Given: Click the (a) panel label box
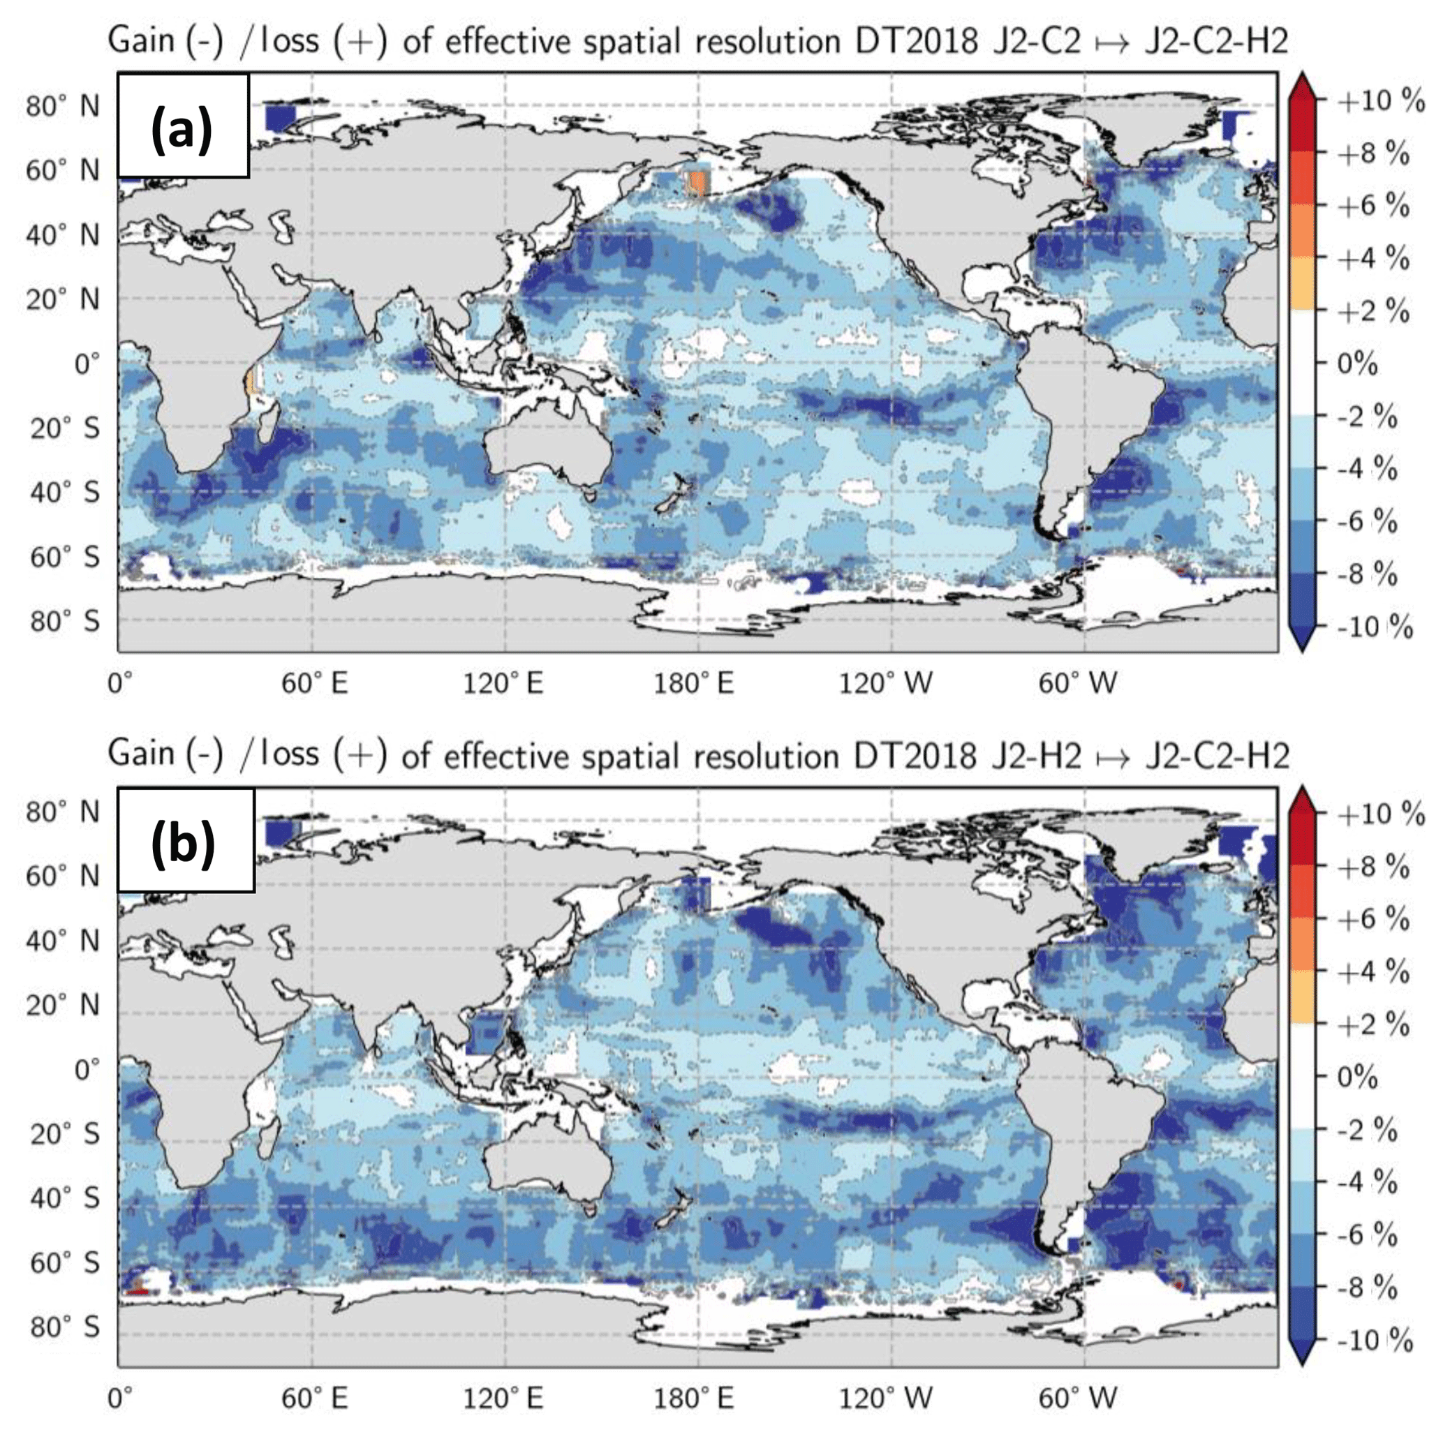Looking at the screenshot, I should click(182, 126).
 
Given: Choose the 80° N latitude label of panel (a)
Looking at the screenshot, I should click(63, 106).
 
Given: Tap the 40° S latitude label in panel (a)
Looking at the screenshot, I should click(64, 493).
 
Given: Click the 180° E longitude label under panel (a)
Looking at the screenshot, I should click(695, 683).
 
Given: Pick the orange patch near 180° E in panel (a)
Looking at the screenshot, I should click(697, 182).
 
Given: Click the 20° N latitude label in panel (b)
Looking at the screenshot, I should click(63, 1005).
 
